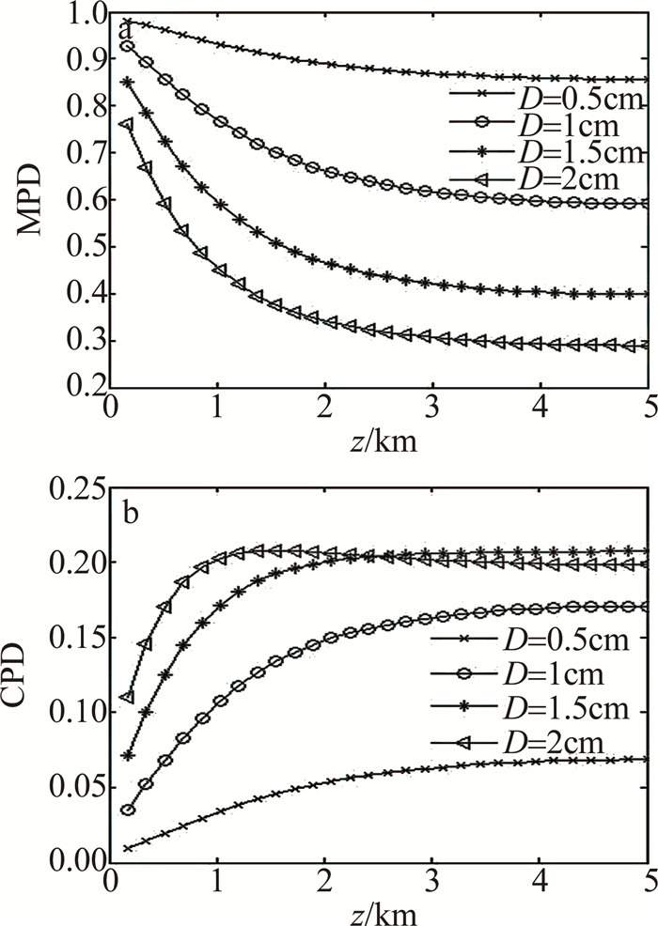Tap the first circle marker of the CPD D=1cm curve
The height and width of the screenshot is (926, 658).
(x=128, y=810)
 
